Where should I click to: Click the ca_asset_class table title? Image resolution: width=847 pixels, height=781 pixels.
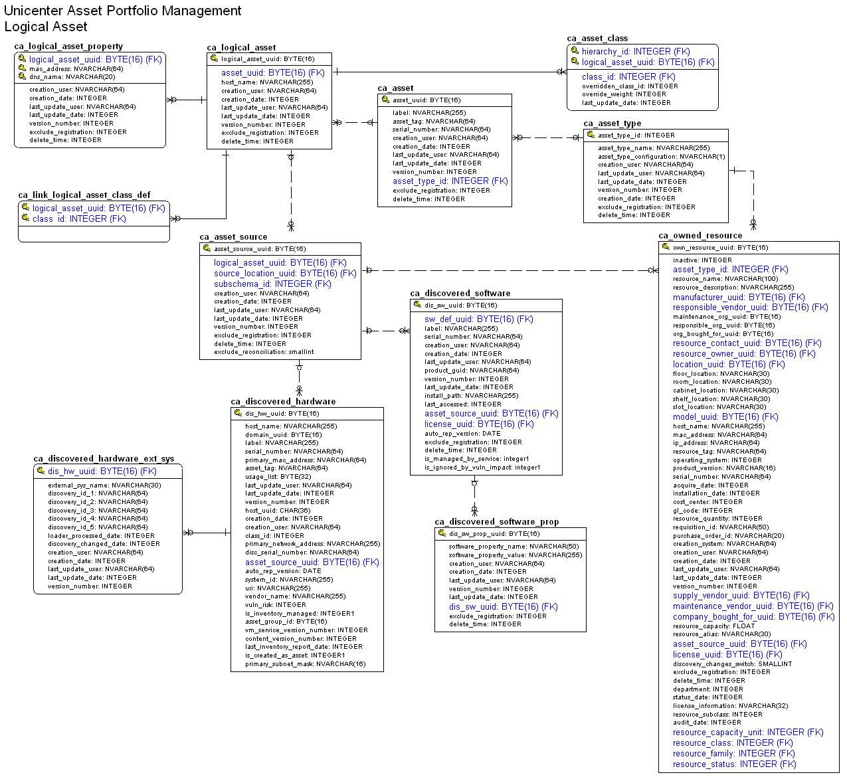pos(597,39)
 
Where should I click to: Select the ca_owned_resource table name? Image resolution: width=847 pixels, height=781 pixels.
pos(700,236)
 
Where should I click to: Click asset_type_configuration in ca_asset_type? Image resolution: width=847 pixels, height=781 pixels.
pos(661,157)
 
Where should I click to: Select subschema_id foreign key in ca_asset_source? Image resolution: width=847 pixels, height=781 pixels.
pos(272,284)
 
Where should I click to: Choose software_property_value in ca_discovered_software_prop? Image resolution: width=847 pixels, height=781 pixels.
pos(515,555)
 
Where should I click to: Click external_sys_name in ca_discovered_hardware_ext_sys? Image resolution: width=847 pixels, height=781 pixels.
pos(104,485)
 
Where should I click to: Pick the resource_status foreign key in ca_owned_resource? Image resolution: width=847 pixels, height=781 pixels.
pos(733,764)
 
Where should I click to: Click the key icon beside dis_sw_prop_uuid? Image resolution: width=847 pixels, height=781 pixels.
pos(442,533)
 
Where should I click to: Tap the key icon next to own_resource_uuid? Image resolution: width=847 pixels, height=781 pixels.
pos(666,247)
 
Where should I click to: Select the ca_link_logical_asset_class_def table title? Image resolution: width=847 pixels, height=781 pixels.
pos(84,195)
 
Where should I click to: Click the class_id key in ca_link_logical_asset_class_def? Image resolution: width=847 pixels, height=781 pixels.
pos(78,219)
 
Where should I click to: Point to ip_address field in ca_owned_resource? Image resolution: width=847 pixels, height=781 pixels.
pos(715,443)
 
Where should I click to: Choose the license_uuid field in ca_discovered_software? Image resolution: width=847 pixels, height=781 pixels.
pos(478,424)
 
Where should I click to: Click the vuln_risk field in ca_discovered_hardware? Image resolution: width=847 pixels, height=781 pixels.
pos(275,605)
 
